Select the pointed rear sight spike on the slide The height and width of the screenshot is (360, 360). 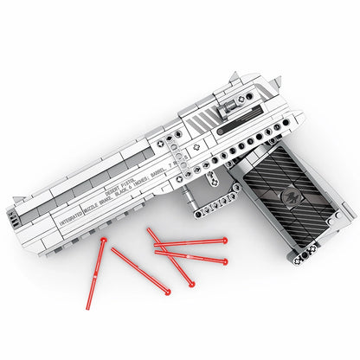tap(276, 81)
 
